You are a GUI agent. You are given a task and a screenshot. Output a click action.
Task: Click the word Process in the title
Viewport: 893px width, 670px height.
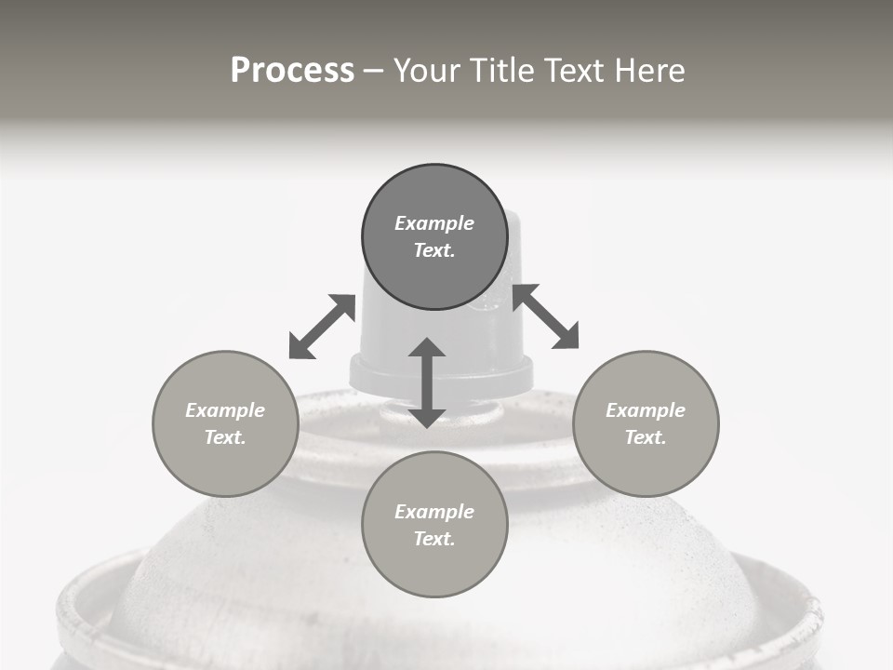click(292, 71)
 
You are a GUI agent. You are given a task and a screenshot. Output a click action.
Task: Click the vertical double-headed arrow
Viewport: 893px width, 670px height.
click(427, 382)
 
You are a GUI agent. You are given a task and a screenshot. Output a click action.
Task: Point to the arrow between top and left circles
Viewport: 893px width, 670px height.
click(322, 327)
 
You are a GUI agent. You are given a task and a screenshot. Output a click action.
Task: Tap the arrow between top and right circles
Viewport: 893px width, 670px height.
click(545, 316)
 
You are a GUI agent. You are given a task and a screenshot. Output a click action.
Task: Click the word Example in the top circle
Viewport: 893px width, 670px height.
click(434, 223)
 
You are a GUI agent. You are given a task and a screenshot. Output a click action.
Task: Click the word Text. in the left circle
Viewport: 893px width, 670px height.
click(225, 437)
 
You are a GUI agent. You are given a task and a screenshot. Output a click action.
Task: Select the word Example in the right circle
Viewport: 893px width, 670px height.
click(646, 410)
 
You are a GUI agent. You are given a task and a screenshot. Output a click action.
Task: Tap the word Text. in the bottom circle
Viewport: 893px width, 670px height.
click(434, 539)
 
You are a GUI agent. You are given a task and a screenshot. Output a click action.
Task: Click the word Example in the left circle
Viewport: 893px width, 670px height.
click(225, 410)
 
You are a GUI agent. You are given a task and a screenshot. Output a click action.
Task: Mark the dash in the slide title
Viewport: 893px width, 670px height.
click(374, 72)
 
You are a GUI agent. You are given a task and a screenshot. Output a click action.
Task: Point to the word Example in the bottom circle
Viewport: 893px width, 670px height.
click(434, 512)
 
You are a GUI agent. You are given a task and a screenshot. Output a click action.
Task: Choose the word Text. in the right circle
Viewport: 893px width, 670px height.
click(646, 437)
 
